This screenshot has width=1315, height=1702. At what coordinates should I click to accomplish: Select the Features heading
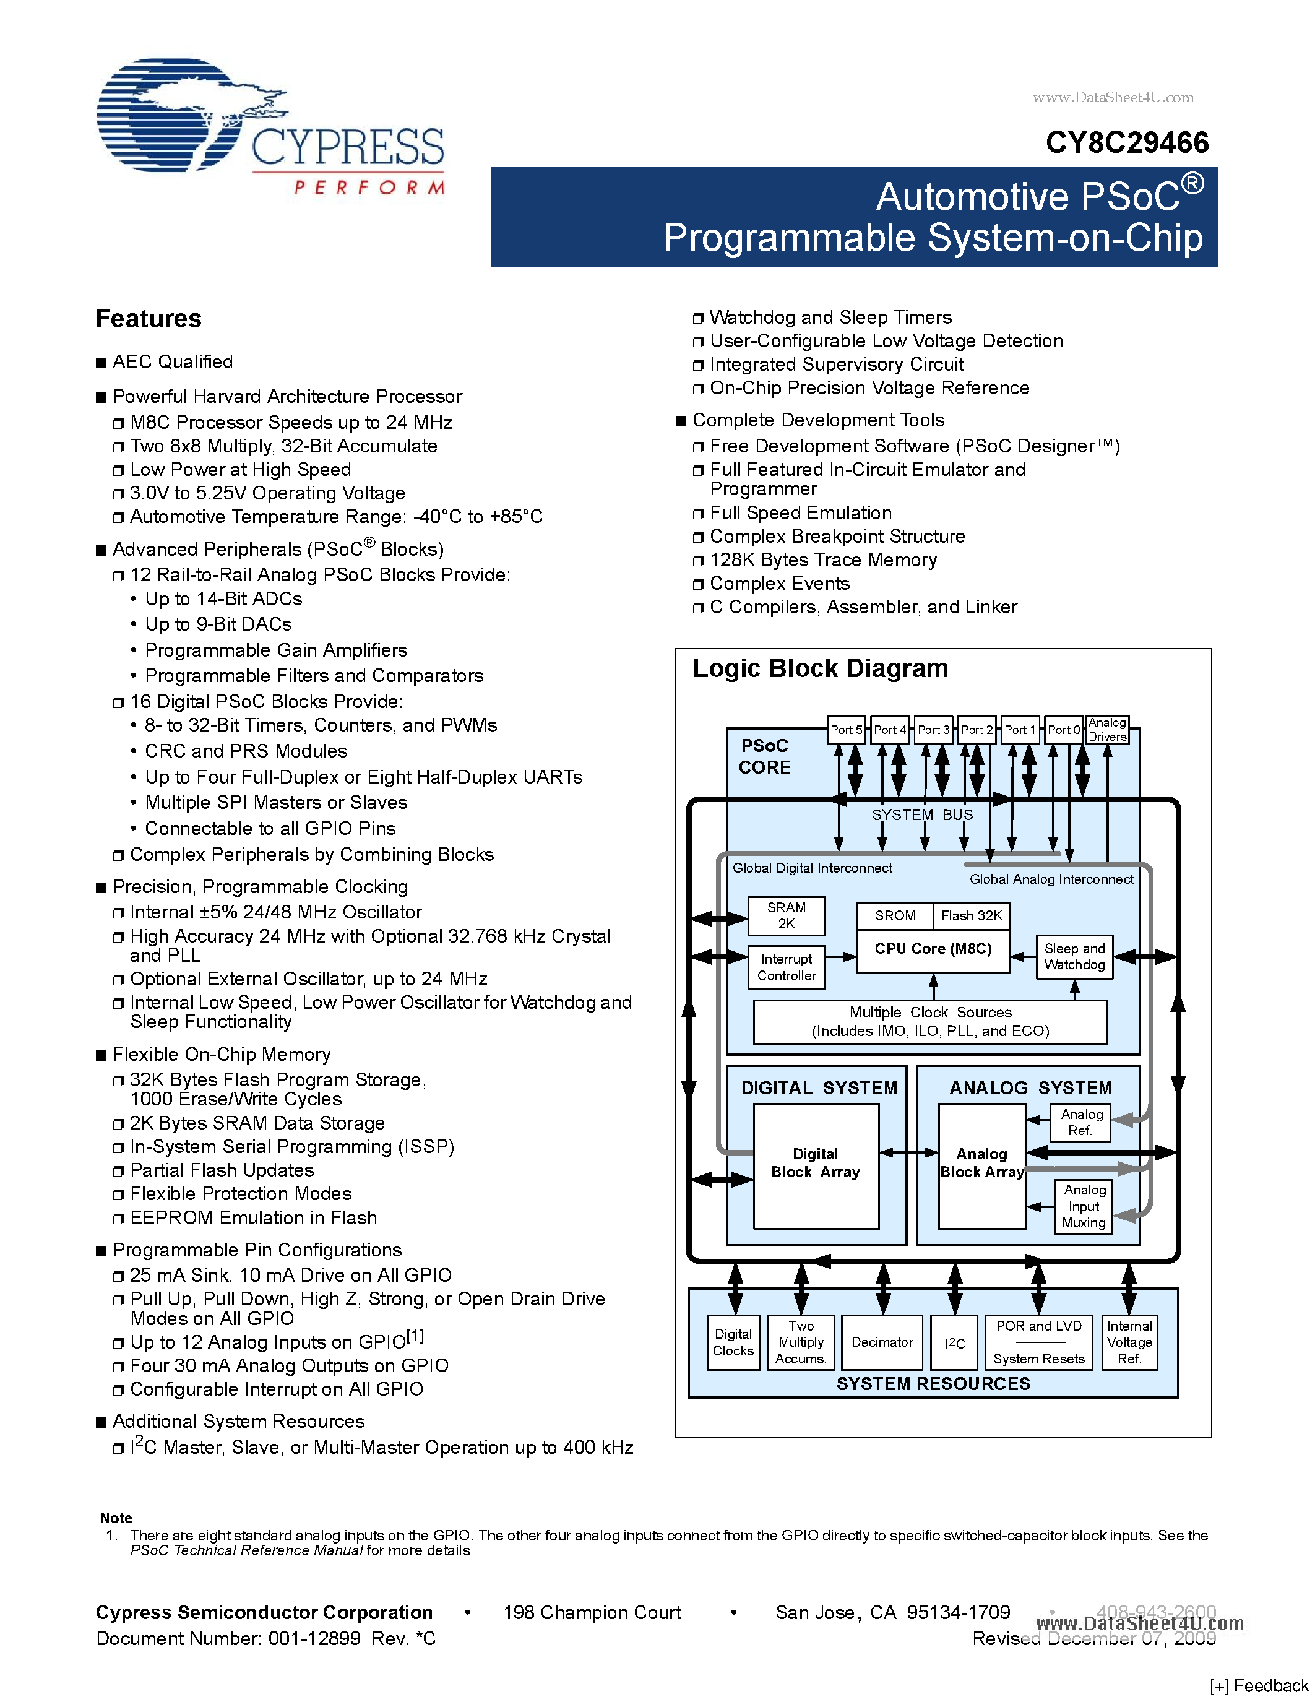[148, 319]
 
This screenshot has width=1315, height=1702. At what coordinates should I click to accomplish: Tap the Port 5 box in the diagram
[846, 730]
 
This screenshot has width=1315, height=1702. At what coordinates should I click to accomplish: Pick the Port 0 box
[1063, 730]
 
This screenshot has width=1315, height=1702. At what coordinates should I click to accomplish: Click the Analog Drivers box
[1107, 730]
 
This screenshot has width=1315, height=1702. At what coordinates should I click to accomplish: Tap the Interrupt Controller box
[786, 967]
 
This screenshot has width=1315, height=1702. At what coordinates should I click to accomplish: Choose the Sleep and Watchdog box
[1074, 956]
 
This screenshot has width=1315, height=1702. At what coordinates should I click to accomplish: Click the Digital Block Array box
[816, 1164]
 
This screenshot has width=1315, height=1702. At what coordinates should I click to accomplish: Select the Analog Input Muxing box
[1084, 1206]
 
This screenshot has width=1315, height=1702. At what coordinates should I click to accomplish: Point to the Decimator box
[882, 1342]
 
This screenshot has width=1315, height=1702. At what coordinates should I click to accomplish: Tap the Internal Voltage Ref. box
[1129, 1342]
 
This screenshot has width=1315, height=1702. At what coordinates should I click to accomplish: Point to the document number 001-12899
[314, 1638]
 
